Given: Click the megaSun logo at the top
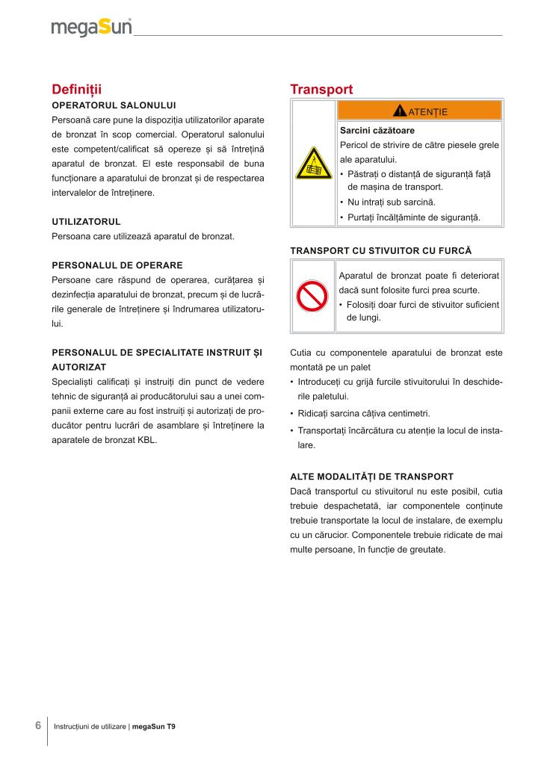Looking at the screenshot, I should [91, 28].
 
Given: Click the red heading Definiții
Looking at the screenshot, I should [76, 89].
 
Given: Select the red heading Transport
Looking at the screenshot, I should [321, 89].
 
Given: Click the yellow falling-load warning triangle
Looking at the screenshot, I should [313, 164].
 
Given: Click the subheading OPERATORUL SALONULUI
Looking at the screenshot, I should [114, 105].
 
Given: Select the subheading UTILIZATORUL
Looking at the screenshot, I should [86, 222].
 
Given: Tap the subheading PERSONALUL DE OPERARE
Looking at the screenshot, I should [117, 265].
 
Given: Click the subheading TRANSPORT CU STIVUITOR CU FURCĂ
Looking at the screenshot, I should [381, 250].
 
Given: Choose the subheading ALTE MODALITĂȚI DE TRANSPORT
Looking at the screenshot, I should [371, 476].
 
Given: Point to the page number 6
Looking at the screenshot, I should [37, 725].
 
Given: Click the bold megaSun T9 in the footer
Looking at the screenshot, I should [154, 726].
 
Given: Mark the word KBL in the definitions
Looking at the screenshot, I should [146, 440].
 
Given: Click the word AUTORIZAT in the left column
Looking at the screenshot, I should [78, 368].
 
